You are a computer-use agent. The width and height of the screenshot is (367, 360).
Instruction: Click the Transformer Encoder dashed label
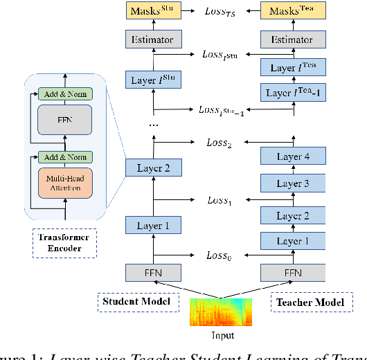[x=64, y=242]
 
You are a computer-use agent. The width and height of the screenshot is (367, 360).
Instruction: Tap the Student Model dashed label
[x=127, y=302]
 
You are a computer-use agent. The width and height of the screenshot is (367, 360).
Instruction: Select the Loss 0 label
[x=220, y=255]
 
